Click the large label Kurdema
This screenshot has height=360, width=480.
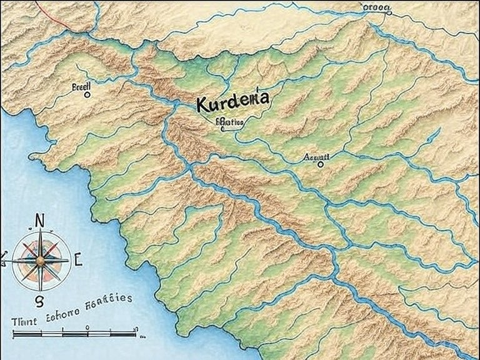[232, 101]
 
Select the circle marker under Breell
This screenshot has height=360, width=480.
[87, 95]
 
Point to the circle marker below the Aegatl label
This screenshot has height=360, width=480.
[321, 164]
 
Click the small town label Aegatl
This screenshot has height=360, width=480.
[319, 157]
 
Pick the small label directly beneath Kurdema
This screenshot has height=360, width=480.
[229, 123]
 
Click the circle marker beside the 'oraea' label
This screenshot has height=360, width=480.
[389, 11]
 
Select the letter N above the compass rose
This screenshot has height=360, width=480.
[39, 220]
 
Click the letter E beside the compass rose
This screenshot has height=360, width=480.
[78, 259]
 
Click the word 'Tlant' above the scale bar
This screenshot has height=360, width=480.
[23, 319]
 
